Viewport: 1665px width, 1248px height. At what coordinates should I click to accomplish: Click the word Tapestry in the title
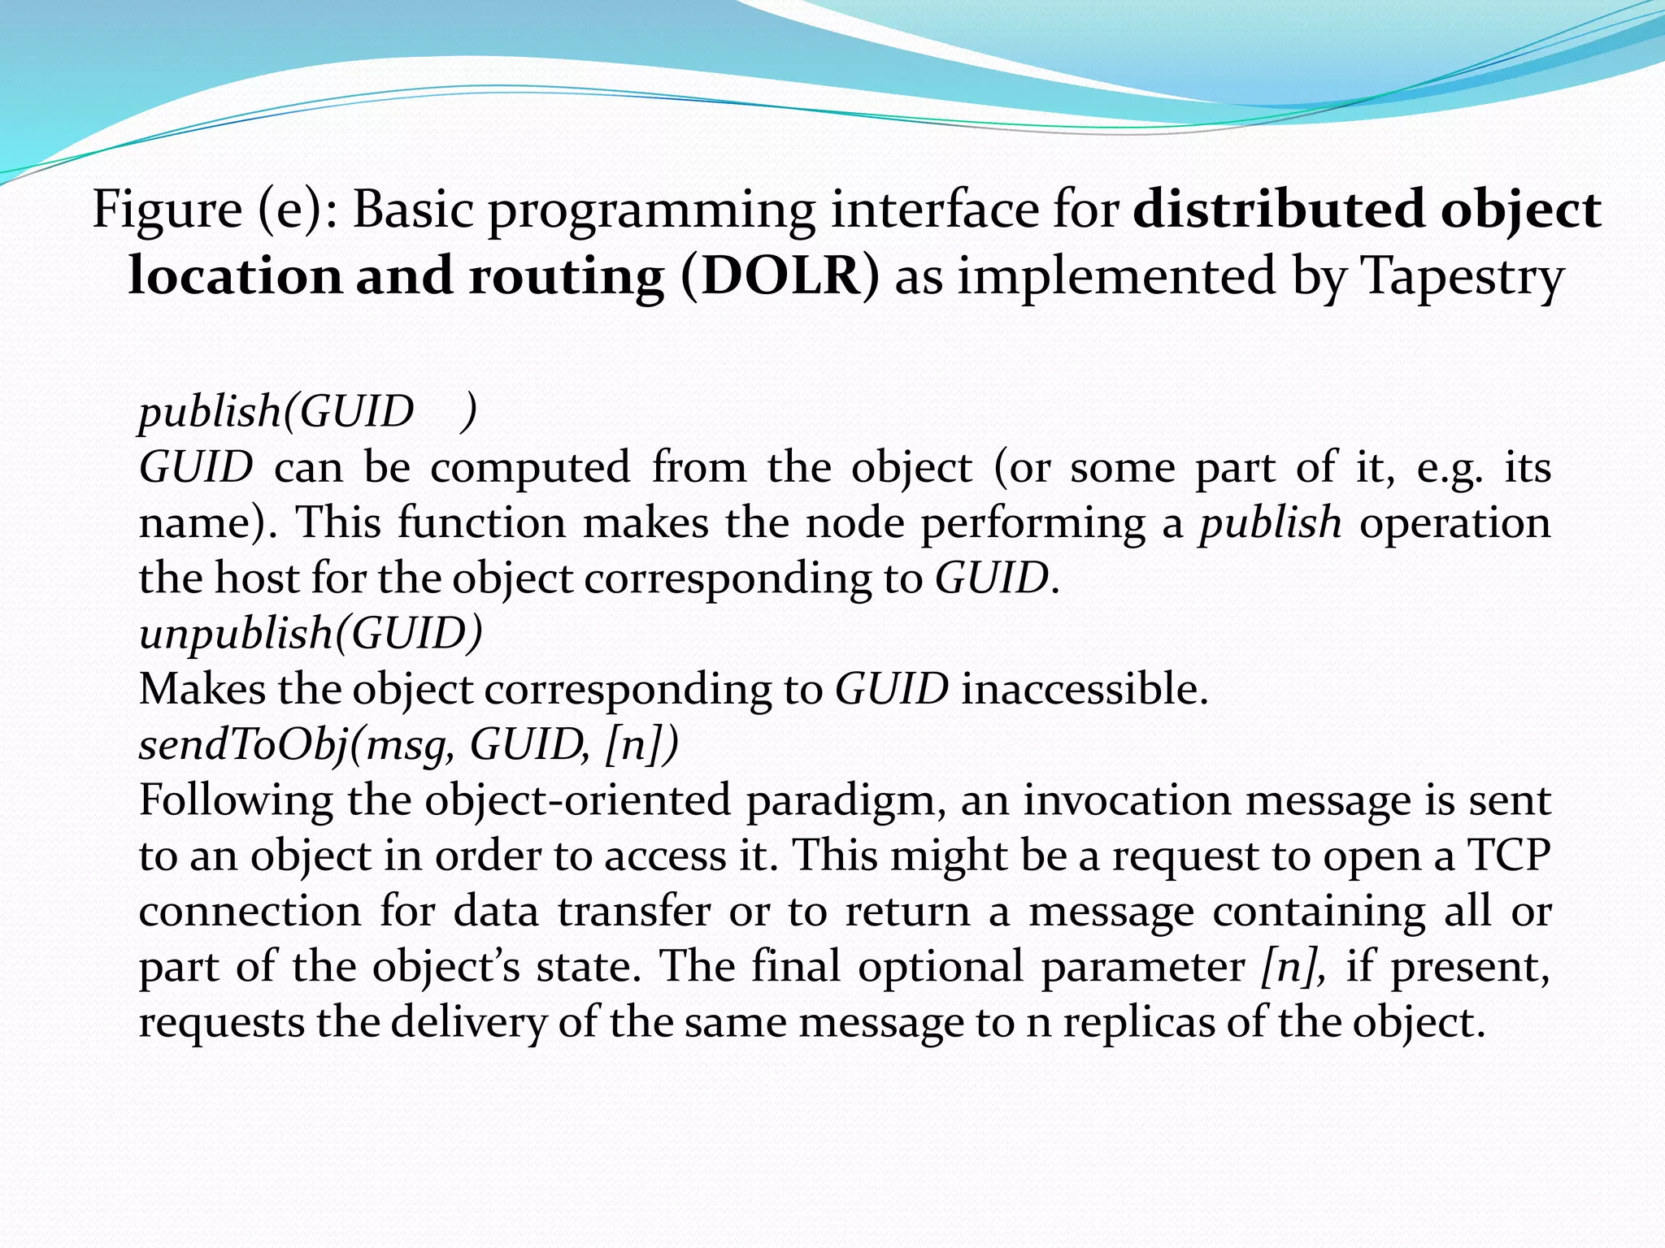point(1461,276)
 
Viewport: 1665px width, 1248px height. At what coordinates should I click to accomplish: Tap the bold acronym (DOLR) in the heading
point(780,276)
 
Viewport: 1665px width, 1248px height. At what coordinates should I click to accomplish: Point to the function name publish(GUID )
point(307,412)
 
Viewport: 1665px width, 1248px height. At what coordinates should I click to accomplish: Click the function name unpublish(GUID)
point(311,634)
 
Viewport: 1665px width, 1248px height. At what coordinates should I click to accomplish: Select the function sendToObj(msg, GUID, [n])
point(408,745)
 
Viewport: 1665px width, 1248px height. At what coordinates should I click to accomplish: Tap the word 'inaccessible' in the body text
point(1085,689)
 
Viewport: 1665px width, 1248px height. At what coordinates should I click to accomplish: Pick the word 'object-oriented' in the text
point(577,800)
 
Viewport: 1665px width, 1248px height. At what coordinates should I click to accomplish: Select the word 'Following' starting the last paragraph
point(236,800)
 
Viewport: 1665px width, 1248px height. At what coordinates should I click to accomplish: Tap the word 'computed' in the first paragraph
point(530,468)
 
